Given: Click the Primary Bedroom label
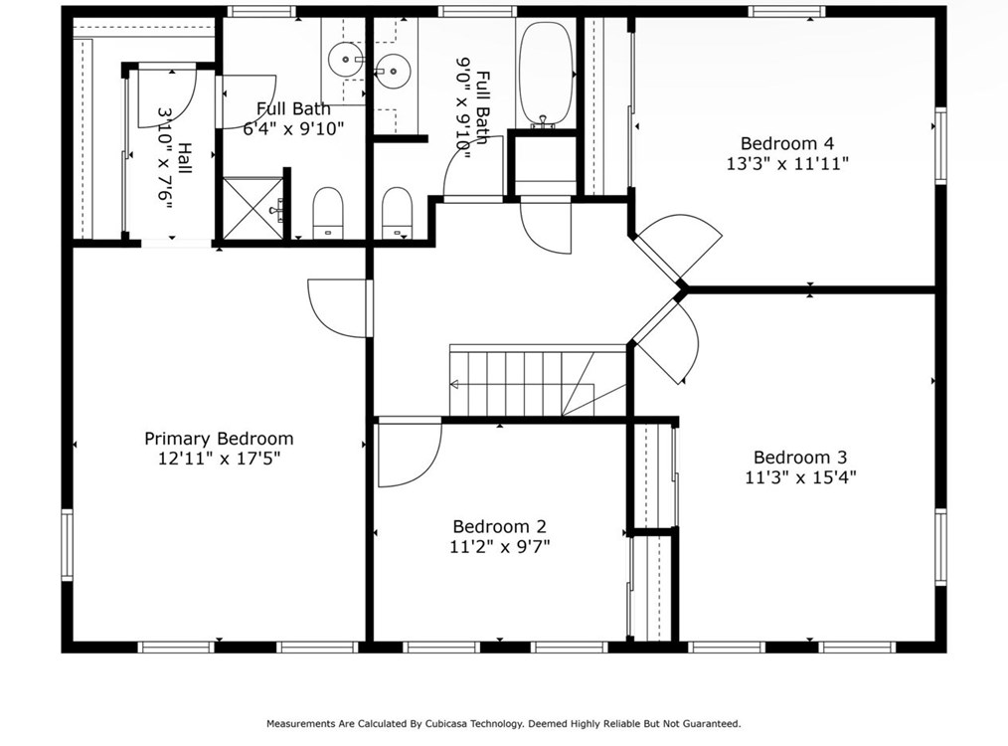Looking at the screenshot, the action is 219,439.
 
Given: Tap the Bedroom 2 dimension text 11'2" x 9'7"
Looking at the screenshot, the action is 499,547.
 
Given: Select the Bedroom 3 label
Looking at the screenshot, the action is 800,458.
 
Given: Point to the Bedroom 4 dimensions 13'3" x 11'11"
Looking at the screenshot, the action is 787,163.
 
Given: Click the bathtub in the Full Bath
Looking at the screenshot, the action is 546,74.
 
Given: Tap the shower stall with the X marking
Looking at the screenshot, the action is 252,208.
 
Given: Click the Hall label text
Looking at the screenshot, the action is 185,158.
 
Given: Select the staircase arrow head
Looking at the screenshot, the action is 454,385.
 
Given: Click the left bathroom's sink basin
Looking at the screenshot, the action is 346,60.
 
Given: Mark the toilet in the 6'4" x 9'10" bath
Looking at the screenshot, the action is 328,213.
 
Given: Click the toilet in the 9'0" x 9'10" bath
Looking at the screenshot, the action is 397,213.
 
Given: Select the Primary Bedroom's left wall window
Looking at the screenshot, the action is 67,545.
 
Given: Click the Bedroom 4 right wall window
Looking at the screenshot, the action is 940,146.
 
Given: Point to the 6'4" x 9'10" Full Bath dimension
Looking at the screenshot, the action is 293,128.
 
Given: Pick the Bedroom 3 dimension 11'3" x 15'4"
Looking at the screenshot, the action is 800,477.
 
